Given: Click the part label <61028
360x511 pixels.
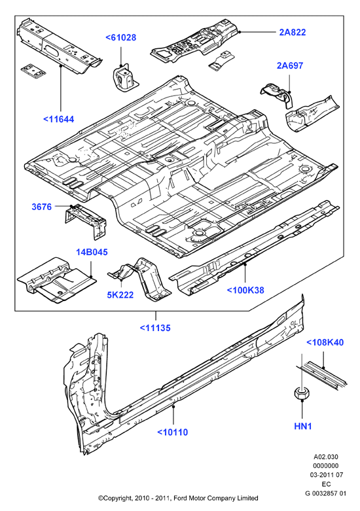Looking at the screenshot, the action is point(120,37).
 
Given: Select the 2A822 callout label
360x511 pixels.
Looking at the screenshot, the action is point(293,32).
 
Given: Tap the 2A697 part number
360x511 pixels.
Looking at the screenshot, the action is point(290,65).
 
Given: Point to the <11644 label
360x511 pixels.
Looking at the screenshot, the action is point(59,119).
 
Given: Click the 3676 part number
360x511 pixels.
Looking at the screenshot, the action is point(41,207).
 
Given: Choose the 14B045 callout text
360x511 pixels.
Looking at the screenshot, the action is point(92,252).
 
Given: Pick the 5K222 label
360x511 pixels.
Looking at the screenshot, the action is point(120,294).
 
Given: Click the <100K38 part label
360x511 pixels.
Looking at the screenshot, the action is point(245,290).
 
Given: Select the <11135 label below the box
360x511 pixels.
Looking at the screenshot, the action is point(155,328).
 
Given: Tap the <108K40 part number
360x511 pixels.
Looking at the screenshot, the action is point(325,342).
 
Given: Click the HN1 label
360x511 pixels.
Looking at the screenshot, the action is point(303,426).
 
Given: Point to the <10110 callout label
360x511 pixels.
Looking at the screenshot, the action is point(173,432).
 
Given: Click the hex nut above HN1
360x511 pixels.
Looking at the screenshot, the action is point(302,393).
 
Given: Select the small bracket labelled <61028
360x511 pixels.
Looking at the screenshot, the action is point(125,79).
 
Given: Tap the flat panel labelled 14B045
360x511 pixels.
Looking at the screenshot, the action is point(57,279).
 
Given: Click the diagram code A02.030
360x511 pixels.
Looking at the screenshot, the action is point(326,457).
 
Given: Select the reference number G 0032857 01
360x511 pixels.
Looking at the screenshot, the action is point(326,493).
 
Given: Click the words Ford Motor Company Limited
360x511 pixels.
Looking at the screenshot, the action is point(216,498).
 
